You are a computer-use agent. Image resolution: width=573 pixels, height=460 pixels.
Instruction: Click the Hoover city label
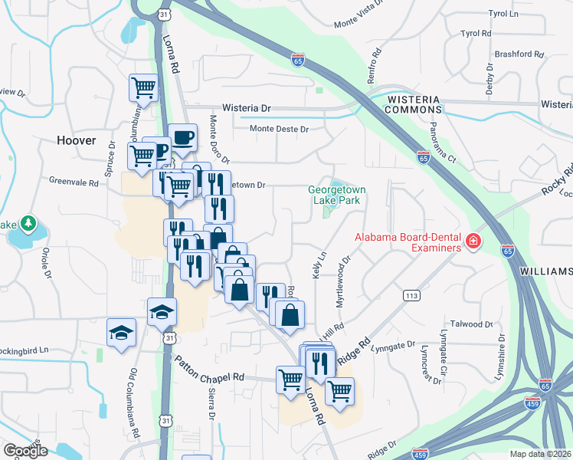click(x=77, y=140)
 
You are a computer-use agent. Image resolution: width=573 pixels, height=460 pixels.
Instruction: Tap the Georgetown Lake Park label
click(x=337, y=195)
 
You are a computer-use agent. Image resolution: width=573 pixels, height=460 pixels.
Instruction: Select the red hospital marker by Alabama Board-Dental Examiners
click(x=473, y=242)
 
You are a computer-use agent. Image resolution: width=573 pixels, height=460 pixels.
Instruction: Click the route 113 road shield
click(x=411, y=295)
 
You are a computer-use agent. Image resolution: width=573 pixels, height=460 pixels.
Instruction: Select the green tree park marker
click(x=29, y=223)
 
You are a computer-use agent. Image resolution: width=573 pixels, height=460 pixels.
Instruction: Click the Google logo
click(x=25, y=451)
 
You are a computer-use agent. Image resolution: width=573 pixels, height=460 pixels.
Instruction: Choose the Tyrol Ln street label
click(x=503, y=14)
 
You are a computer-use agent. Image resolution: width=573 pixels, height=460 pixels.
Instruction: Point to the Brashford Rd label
click(x=518, y=54)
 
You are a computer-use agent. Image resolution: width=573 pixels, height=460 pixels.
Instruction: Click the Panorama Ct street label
click(x=442, y=143)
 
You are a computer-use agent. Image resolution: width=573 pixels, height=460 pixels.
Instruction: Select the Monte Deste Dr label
click(x=279, y=129)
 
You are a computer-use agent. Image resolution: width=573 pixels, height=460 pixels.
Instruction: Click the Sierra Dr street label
click(x=211, y=404)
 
